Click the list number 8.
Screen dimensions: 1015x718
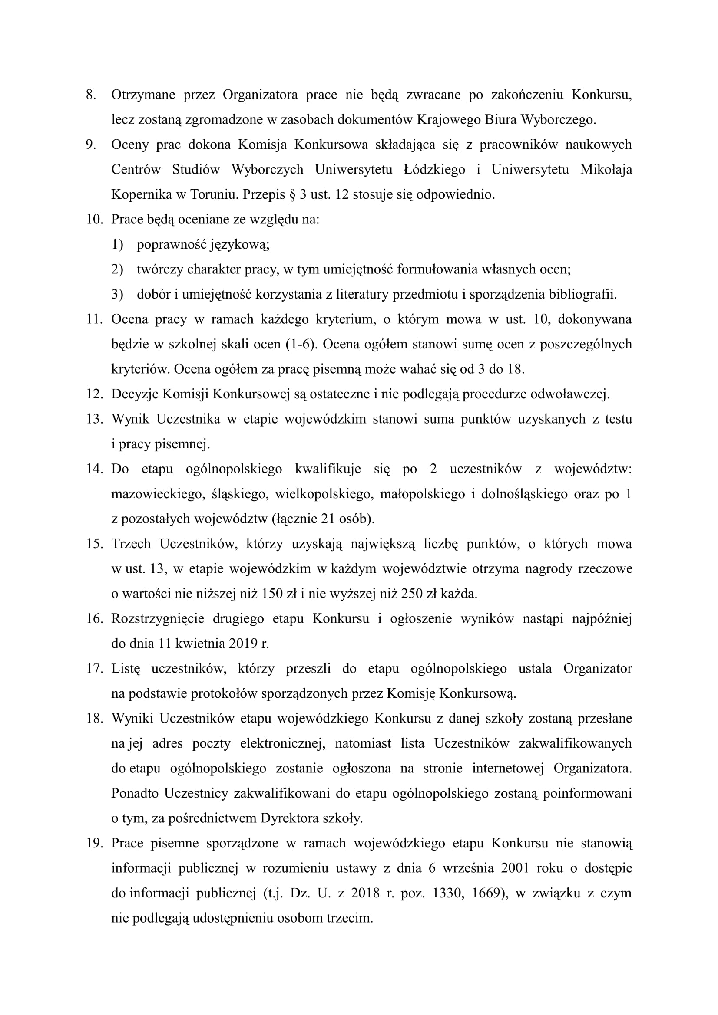91,95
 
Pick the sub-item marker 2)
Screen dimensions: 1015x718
117,269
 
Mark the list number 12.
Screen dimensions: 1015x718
94,394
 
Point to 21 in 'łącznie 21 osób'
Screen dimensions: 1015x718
328,519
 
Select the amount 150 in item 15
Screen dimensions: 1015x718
272,593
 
